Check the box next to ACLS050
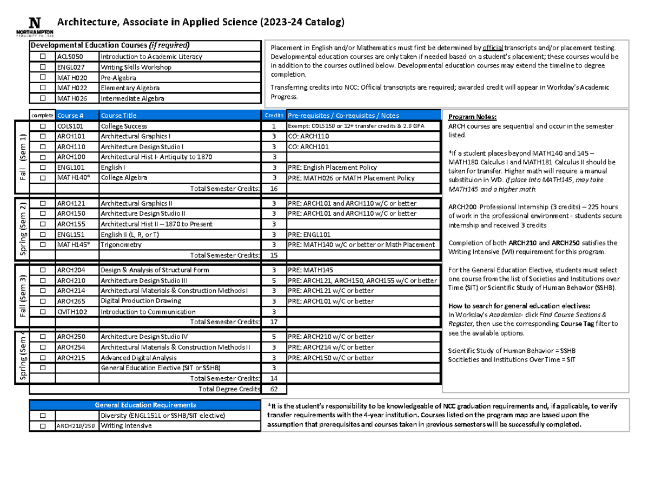42,57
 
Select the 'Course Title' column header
118,115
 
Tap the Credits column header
273,115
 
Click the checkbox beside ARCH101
42,136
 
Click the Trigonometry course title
121,245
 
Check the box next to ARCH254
42,347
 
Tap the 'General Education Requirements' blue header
145,405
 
